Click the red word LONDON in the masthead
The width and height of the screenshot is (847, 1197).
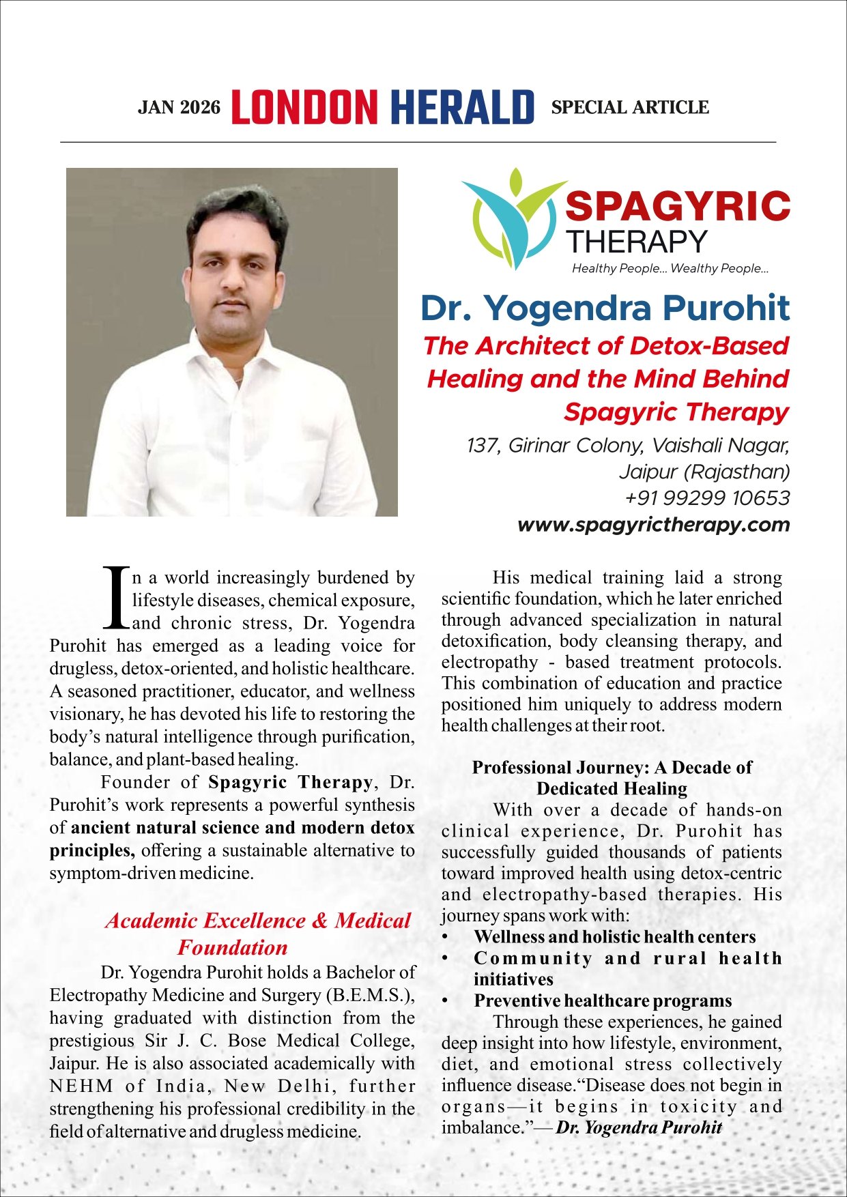[304, 108]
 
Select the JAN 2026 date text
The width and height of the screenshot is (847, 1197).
[180, 108]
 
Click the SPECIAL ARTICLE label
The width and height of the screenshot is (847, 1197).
[629, 107]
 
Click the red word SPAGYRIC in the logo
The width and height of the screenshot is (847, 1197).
[678, 205]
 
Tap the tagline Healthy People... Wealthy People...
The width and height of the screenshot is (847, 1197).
[670, 268]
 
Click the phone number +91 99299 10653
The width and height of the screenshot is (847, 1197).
[707, 497]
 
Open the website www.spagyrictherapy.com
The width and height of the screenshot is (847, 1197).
[653, 525]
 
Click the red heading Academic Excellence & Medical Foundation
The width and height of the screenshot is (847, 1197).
[257, 934]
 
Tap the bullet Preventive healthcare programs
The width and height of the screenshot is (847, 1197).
[603, 1000]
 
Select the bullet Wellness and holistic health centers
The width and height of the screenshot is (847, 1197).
[614, 937]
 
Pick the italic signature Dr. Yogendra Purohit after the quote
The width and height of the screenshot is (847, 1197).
[639, 1127]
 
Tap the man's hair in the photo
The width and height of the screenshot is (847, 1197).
[235, 212]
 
